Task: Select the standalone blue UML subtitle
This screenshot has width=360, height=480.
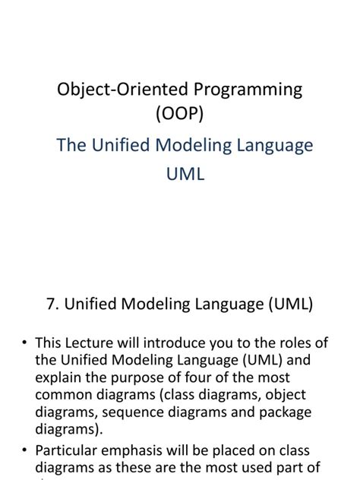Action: point(185,174)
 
